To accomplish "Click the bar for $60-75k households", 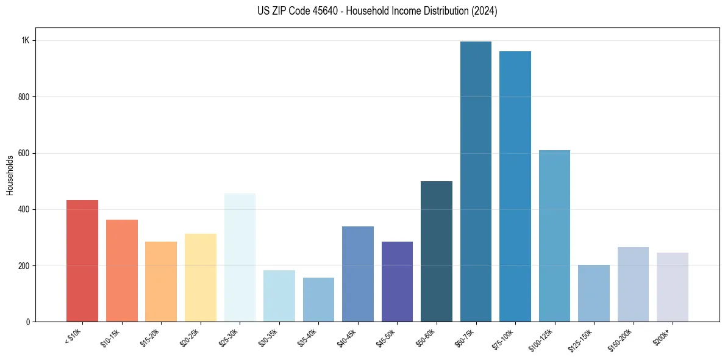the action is point(476,183).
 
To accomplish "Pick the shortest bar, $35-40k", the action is point(318,300).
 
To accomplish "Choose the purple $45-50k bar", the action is point(397,281).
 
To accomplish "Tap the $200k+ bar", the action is point(673,287).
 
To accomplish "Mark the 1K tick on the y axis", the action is point(26,40).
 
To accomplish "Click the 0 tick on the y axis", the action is point(27,322).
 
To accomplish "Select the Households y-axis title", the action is point(10,175).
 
